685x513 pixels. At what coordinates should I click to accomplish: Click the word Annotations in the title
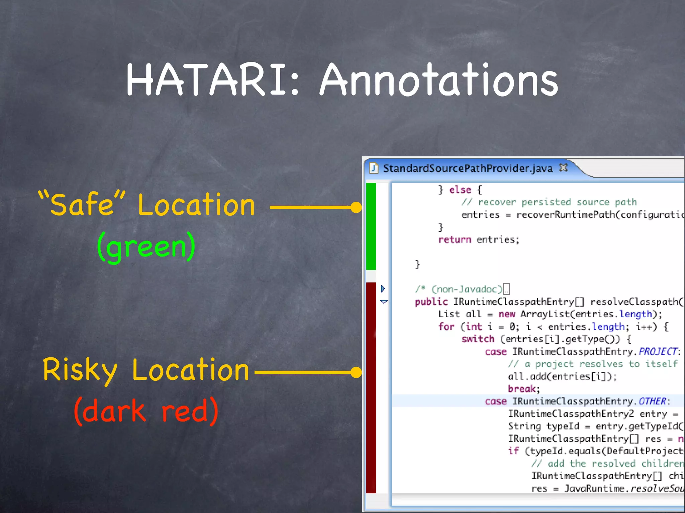tap(438, 80)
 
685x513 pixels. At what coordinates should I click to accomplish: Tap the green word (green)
tap(146, 247)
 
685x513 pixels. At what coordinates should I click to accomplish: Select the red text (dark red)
tap(146, 411)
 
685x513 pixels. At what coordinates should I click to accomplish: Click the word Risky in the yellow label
tap(80, 370)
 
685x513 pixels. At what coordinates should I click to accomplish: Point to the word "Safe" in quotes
tap(82, 204)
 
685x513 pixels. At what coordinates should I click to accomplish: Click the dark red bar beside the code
tap(371, 387)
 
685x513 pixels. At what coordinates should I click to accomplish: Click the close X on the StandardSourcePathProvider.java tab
tap(563, 168)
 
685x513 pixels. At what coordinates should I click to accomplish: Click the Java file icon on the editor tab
tap(374, 168)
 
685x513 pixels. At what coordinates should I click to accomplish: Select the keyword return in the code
tap(455, 239)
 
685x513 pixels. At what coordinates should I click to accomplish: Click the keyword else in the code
tap(460, 190)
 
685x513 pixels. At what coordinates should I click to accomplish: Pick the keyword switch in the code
tap(478, 339)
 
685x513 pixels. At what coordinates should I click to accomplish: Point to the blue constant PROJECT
tap(658, 351)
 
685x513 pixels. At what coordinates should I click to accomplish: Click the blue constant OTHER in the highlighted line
tap(652, 401)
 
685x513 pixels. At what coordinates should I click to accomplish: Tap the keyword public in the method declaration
tap(431, 302)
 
